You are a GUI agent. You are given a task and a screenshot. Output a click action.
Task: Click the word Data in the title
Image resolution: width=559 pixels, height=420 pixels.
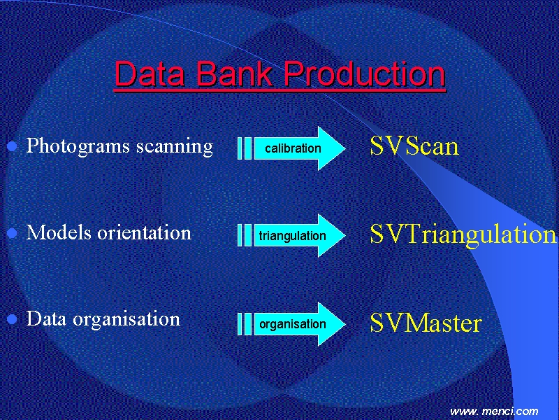[150, 73]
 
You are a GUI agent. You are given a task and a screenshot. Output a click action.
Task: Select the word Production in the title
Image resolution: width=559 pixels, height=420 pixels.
[364, 73]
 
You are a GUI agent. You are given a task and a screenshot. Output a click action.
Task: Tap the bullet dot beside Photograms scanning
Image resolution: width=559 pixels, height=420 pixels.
[12, 146]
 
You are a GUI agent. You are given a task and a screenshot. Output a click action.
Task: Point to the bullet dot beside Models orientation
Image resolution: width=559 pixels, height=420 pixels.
[12, 233]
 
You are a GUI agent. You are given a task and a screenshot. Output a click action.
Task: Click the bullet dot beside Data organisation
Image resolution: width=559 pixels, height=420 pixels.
[12, 319]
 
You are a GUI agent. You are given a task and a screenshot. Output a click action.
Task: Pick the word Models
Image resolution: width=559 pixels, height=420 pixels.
[59, 232]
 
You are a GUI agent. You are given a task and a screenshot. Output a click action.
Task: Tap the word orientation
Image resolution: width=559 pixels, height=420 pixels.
[145, 233]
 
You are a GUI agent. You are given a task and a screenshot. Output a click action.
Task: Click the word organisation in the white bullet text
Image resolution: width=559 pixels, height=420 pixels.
[126, 320]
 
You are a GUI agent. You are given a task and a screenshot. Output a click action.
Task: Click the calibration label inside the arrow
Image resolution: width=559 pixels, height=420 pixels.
[293, 148]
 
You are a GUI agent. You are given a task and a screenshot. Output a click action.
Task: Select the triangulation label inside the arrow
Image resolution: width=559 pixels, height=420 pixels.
[292, 236]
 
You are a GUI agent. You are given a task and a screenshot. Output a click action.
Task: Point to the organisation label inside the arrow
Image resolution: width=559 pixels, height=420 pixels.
[293, 324]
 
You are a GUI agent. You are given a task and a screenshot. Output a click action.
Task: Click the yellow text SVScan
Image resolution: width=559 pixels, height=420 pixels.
[414, 146]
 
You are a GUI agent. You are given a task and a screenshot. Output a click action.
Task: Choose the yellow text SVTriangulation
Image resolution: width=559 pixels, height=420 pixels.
[463, 234]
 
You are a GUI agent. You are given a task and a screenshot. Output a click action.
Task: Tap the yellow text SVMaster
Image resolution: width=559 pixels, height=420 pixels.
[426, 323]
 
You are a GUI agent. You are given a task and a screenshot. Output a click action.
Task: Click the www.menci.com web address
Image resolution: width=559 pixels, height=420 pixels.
[494, 411]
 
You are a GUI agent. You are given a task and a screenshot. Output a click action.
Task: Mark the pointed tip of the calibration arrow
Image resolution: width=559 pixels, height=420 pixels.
[345, 148]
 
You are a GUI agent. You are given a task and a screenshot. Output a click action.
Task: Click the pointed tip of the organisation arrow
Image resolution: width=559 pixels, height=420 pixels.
[345, 324]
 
